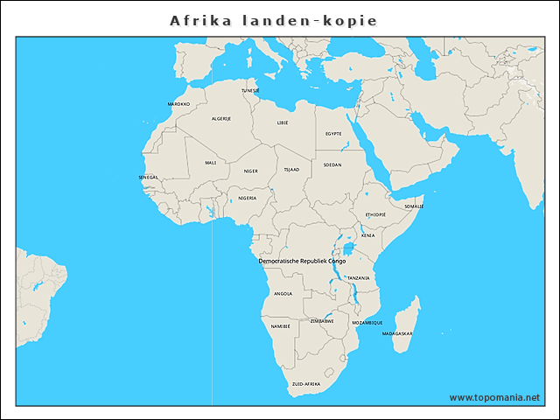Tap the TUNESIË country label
[x=250, y=90]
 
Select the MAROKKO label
[x=178, y=103]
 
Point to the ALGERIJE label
[x=221, y=118]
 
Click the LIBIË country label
[x=282, y=123]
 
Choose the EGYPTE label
[x=333, y=133]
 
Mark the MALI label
[x=211, y=162]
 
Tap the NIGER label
[x=251, y=171]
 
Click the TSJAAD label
[x=291, y=169]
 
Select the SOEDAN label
[x=332, y=164]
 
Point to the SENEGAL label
[x=149, y=177]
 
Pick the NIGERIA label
[x=248, y=198]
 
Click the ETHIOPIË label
[x=375, y=214]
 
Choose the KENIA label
[x=368, y=234]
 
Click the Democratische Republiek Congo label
[x=302, y=261]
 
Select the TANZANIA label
[x=358, y=277]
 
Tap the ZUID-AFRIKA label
[x=306, y=384]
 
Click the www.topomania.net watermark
[x=494, y=397]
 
